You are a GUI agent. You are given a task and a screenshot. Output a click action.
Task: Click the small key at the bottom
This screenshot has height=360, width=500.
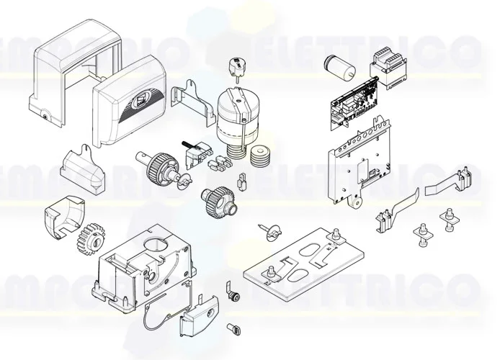coord(233,328)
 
